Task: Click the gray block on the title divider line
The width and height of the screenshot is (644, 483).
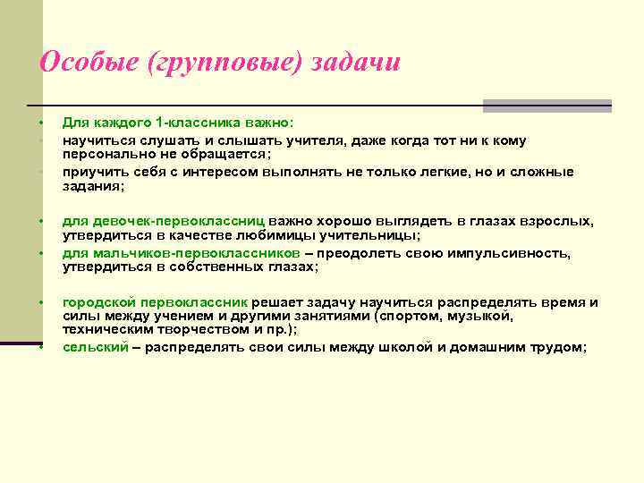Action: click(x=547, y=106)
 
